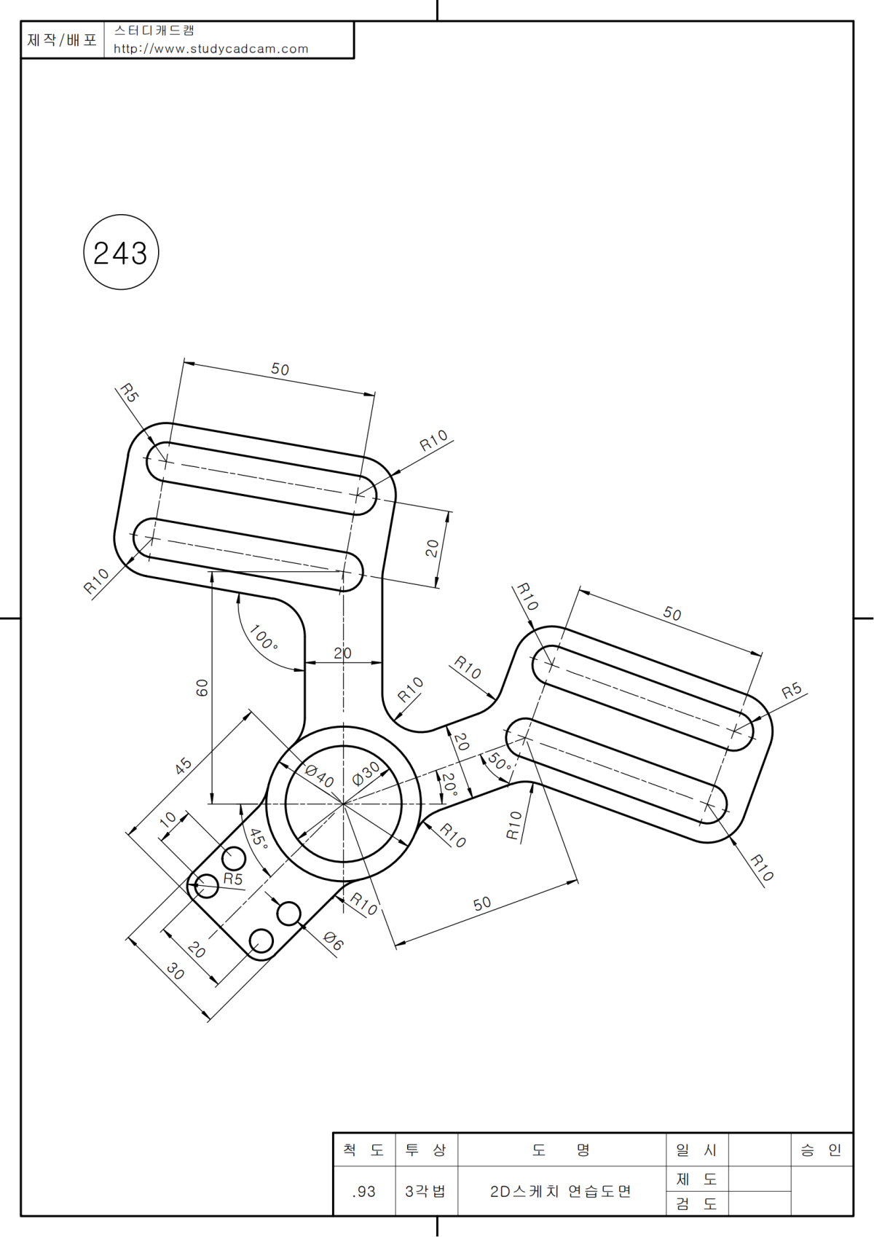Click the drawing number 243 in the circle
pyautogui.click(x=121, y=253)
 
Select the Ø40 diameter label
pyautogui.click(x=319, y=775)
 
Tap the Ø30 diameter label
pyautogui.click(x=366, y=772)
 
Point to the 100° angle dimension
pyautogui.click(x=263, y=637)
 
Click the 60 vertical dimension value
pyautogui.click(x=202, y=687)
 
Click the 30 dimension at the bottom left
pyautogui.click(x=176, y=970)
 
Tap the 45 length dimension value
pyautogui.click(x=184, y=765)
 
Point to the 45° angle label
pyautogui.click(x=258, y=839)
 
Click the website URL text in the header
pyautogui.click(x=210, y=49)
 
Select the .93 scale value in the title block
pyautogui.click(x=363, y=1191)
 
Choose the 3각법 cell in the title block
pyautogui.click(x=425, y=1191)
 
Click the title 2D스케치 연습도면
pyautogui.click(x=560, y=1191)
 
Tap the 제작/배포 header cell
pyautogui.click(x=62, y=39)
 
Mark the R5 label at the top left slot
pyautogui.click(x=129, y=393)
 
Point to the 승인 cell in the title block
pyautogui.click(x=821, y=1150)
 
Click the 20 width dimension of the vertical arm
pyautogui.click(x=342, y=653)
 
